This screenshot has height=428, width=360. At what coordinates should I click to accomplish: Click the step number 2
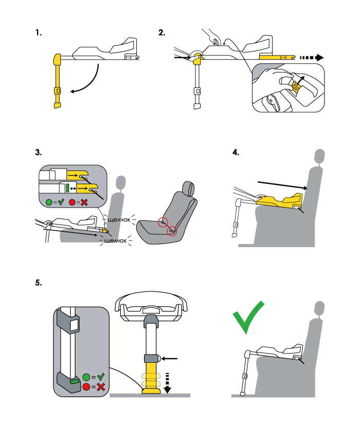pos(162,33)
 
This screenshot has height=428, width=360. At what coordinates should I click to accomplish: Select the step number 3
pos(38,153)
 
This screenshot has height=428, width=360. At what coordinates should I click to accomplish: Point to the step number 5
pos(38,283)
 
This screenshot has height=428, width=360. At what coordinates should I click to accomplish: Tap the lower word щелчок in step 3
pos(115,240)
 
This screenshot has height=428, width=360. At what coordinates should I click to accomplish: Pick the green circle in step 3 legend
pos(50,203)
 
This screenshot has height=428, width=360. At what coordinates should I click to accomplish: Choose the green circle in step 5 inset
pos(86,376)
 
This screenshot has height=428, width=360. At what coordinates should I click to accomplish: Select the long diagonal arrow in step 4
pos(280,184)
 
